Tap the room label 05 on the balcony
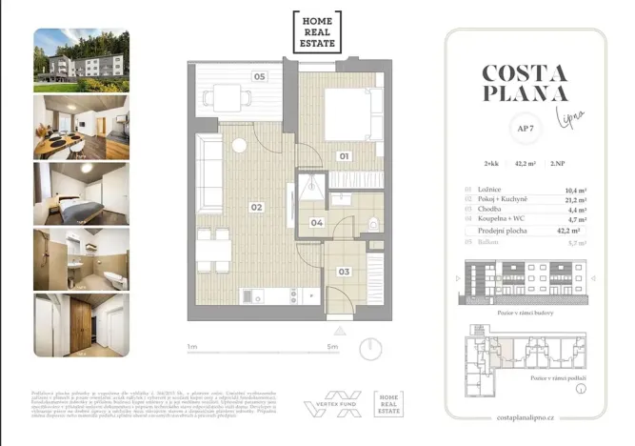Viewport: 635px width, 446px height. tap(259, 76)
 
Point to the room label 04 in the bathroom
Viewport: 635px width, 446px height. tap(318, 224)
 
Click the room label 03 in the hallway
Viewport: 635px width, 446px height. tap(344, 272)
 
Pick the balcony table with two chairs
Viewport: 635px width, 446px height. tap(227, 95)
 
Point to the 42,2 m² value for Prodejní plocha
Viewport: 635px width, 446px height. tap(570, 230)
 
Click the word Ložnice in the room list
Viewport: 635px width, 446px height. tap(486, 191)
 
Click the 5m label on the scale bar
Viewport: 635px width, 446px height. tap(331, 347)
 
